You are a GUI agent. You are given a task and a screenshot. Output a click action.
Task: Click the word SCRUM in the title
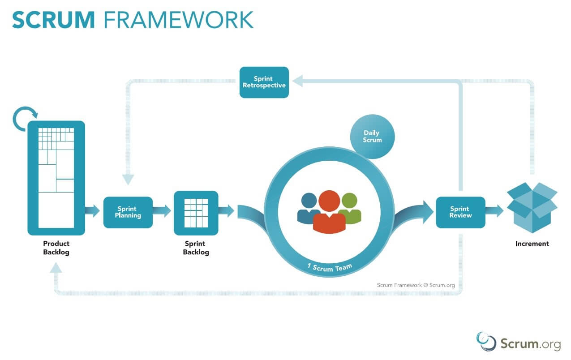click(x=53, y=20)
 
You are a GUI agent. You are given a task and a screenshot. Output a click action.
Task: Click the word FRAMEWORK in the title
click(x=178, y=20)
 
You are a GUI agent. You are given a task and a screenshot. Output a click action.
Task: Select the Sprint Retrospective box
click(x=264, y=82)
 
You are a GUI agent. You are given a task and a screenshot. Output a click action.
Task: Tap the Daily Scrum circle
click(x=372, y=137)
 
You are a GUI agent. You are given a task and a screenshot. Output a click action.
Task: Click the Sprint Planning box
click(x=128, y=212)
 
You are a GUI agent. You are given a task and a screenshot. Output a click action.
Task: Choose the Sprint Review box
click(x=460, y=212)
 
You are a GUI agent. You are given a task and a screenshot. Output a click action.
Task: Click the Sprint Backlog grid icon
click(x=196, y=213)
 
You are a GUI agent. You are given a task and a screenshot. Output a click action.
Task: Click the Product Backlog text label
click(x=56, y=248)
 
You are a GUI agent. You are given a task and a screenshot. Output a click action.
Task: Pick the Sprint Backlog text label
click(x=196, y=248)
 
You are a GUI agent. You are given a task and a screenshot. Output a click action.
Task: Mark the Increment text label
click(x=532, y=244)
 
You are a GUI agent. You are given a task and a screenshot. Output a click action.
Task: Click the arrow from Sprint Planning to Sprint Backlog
click(x=163, y=210)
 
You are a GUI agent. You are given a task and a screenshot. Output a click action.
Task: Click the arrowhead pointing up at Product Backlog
click(x=56, y=268)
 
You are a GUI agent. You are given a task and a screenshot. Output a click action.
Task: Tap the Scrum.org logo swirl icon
click(x=486, y=341)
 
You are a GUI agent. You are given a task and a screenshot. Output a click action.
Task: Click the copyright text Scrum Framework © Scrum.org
click(x=416, y=284)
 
